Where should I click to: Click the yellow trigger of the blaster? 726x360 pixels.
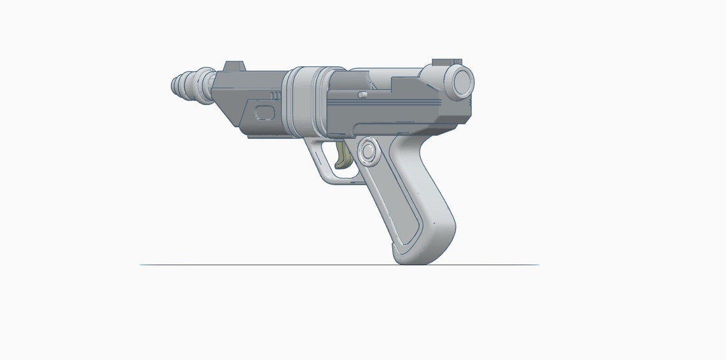pyautogui.click(x=345, y=157)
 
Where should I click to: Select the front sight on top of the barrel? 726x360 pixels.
pyautogui.click(x=235, y=66)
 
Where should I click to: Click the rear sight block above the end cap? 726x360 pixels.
pyautogui.click(x=446, y=62)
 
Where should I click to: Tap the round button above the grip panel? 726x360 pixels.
pyautogui.click(x=367, y=152)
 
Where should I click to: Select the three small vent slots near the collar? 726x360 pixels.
pyautogui.click(x=275, y=96)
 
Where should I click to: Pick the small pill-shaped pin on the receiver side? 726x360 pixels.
pyautogui.click(x=362, y=94)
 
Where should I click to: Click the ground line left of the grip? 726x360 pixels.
pyautogui.click(x=255, y=264)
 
